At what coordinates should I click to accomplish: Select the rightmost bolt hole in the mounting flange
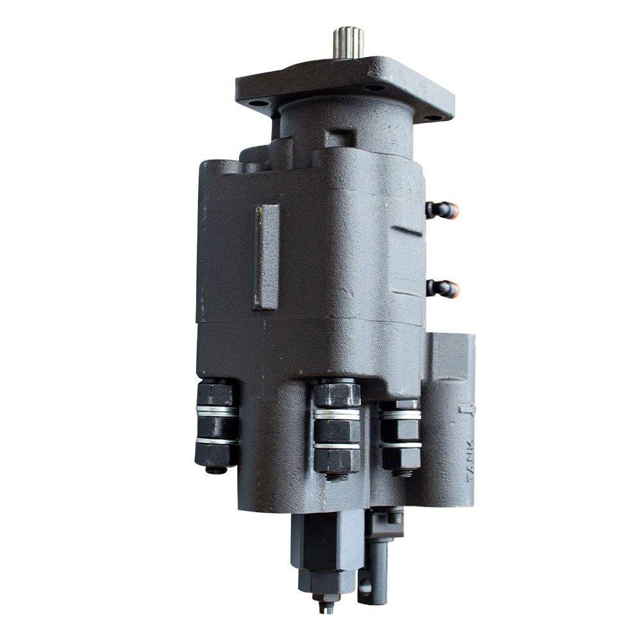point(428,118)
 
